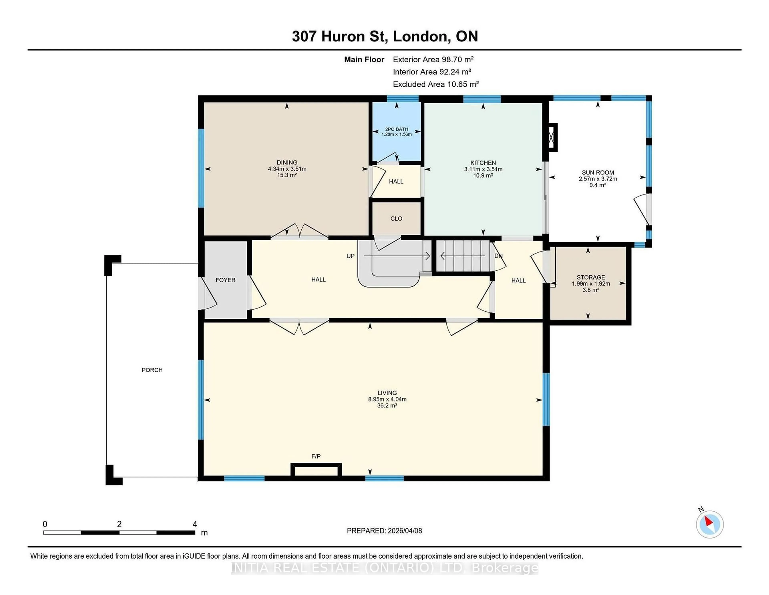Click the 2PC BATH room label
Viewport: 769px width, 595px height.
[397, 129]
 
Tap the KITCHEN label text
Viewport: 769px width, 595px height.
[483, 163]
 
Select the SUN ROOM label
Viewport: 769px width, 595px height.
[598, 172]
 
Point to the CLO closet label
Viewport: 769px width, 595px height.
[396, 219]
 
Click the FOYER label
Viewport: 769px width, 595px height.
[225, 280]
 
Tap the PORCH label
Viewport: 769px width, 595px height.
[152, 370]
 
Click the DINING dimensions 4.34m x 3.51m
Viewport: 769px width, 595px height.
[287, 169]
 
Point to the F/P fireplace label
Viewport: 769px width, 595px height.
[316, 456]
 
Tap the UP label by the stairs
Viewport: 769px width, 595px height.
[350, 256]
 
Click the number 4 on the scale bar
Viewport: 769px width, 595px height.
[195, 524]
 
